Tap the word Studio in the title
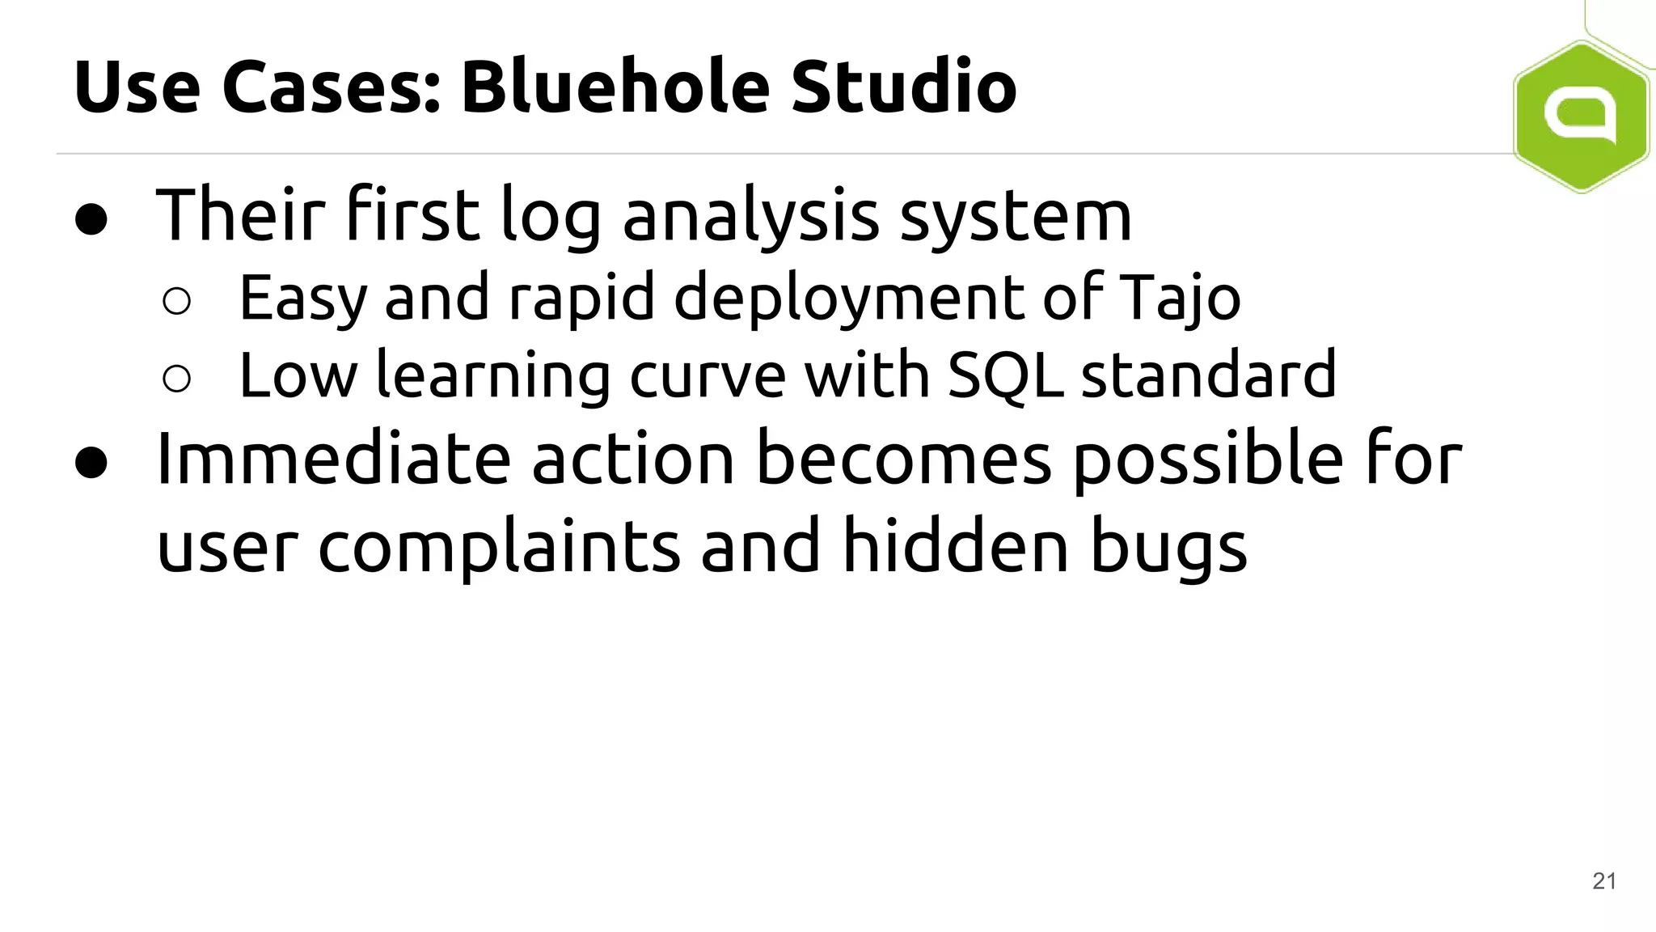(903, 87)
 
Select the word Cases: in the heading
(332, 87)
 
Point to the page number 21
(1604, 881)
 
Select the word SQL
(1005, 375)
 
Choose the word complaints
(499, 547)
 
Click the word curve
(707, 375)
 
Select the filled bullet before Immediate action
(91, 463)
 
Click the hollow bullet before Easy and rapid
(176, 301)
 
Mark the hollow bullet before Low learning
(176, 378)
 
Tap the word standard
(1208, 375)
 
